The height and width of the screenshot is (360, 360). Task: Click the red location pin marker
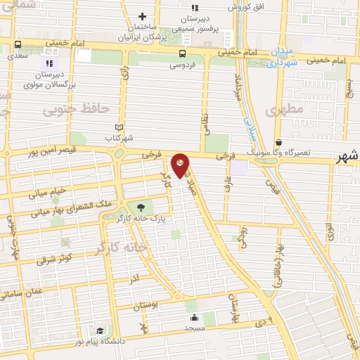coord(181,165)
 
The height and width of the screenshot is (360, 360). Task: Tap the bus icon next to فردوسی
coord(183,53)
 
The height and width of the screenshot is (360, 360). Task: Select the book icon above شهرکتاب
coord(119,127)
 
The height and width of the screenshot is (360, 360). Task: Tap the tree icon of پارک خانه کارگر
coord(140,207)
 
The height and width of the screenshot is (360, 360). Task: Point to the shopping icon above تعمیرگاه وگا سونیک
coord(278,142)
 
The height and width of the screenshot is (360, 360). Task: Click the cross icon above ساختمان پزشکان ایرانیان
coord(143,16)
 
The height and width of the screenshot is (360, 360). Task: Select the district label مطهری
coord(285,109)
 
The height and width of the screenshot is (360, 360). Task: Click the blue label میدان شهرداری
coord(281,58)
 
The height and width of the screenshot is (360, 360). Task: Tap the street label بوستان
coord(146,305)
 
